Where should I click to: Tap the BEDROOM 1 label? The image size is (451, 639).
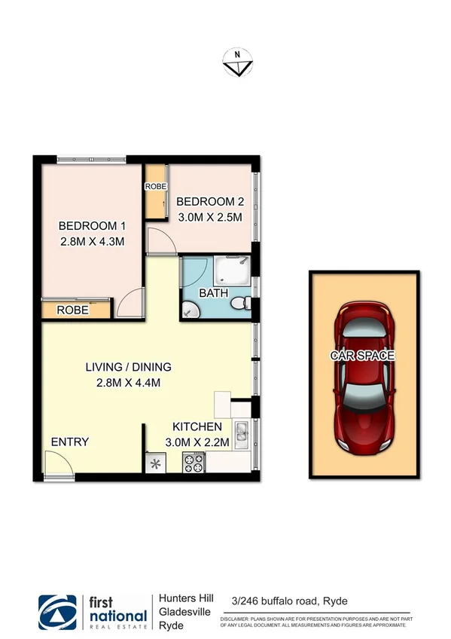pos(91,226)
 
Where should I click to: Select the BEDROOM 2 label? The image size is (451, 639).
pos(210,201)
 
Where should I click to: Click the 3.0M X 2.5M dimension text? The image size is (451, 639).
pos(210,217)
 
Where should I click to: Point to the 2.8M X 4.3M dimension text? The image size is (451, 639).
pos(91,242)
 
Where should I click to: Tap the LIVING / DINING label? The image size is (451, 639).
pos(128,367)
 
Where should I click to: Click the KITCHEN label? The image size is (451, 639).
pos(197,425)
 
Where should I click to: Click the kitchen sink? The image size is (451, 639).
pos(241,433)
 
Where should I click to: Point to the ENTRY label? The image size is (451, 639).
pos(70,442)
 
